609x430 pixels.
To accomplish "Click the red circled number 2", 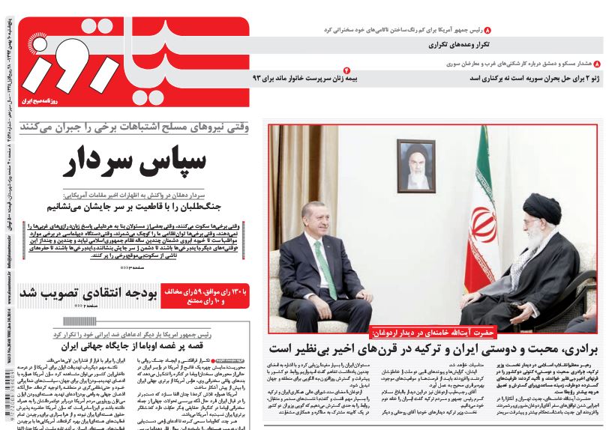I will (x=346, y=69).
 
